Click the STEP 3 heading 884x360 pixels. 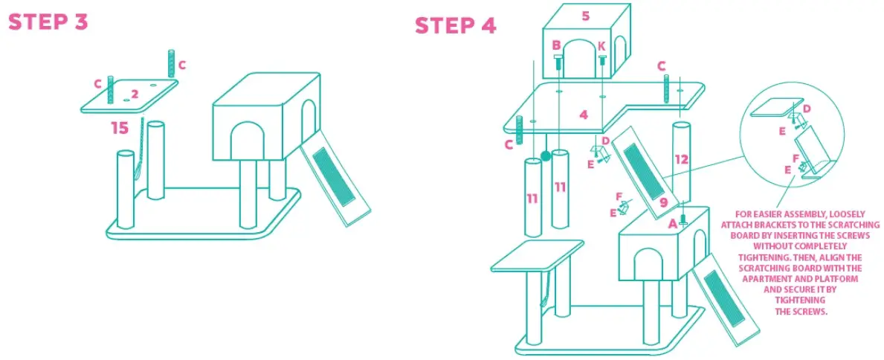point(48,22)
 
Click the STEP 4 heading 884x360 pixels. point(455,25)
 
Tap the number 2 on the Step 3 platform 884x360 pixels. point(135,94)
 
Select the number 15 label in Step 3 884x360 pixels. point(120,128)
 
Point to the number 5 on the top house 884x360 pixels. point(585,16)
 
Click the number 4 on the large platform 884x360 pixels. point(584,115)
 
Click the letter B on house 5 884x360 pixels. point(556,46)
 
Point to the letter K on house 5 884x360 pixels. point(601,46)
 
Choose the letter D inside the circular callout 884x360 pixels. point(807,109)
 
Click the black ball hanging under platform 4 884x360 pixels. point(545,156)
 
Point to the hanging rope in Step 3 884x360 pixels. point(139,160)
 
